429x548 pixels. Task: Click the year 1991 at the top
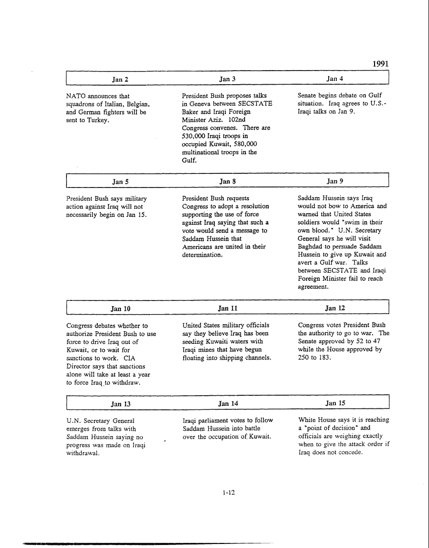(381, 64)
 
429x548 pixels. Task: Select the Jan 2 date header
(120, 79)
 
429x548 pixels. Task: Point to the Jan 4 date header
(335, 79)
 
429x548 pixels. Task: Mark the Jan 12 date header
(335, 308)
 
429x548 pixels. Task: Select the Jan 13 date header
(120, 404)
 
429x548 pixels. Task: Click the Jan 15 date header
(335, 403)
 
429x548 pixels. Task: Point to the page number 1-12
(228, 493)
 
